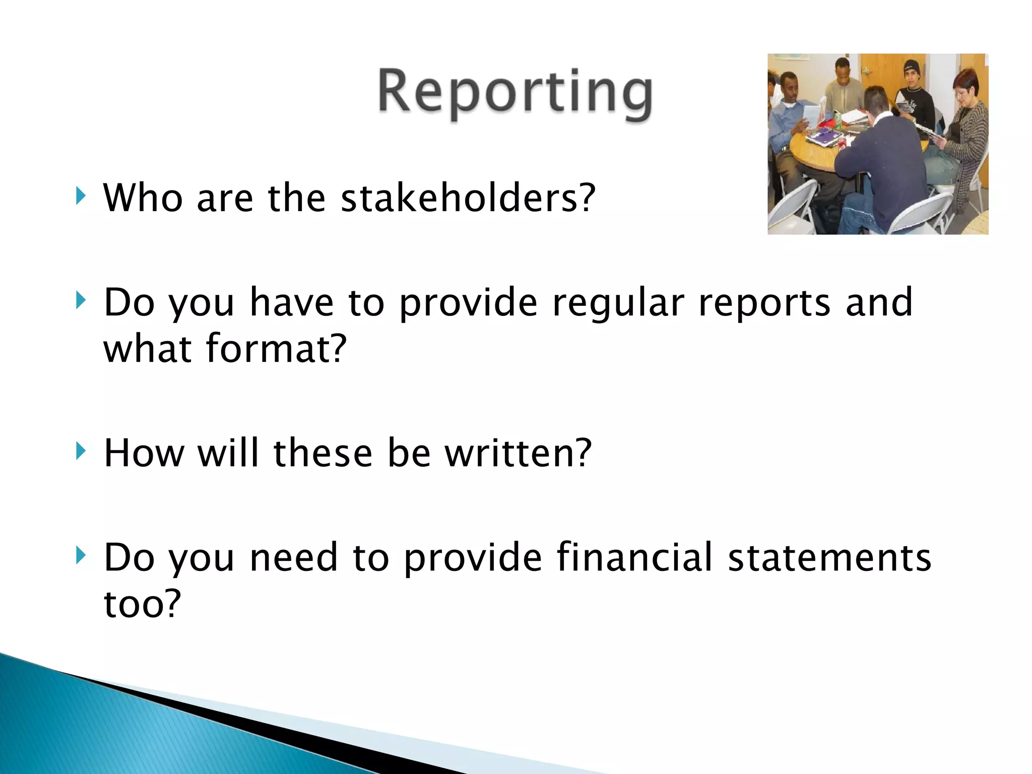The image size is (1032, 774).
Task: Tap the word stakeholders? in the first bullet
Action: [468, 198]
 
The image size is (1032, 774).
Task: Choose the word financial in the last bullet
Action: [635, 557]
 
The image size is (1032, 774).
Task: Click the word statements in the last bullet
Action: [829, 557]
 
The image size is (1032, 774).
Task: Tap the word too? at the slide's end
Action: [142, 603]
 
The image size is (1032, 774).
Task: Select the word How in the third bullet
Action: [144, 453]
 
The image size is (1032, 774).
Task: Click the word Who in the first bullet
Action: [143, 198]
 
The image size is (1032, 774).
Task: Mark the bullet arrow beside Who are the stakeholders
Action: [80, 196]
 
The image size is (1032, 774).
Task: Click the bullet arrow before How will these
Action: [80, 451]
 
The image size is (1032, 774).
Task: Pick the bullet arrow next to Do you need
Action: [80, 556]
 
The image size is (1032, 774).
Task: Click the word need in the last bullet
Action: [293, 557]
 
